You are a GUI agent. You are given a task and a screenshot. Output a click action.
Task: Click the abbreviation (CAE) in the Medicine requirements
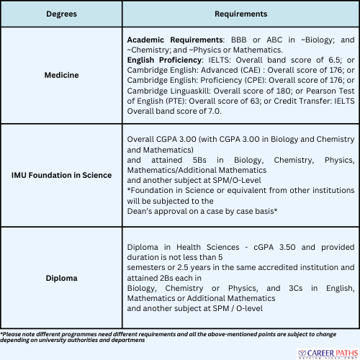(x=251, y=73)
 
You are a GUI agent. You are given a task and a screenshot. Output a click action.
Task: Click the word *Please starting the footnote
(x=13, y=333)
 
